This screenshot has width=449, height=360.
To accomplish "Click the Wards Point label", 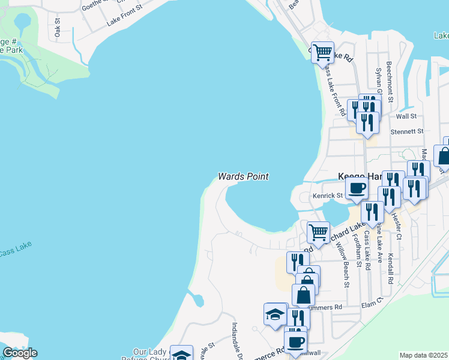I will click(x=243, y=176).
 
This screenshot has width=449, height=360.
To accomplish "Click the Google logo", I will click(x=20, y=353).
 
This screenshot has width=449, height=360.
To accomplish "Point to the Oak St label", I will click(x=58, y=28).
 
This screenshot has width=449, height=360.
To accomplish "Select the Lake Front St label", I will click(x=124, y=16).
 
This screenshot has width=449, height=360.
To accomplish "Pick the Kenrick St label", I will click(x=327, y=196).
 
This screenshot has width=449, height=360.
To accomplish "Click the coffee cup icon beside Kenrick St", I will click(x=357, y=188).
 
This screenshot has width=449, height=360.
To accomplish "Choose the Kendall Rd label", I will click(x=391, y=267).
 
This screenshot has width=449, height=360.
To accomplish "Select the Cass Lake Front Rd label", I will click(x=334, y=90).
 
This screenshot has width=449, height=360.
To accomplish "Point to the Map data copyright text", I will click(x=423, y=355).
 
